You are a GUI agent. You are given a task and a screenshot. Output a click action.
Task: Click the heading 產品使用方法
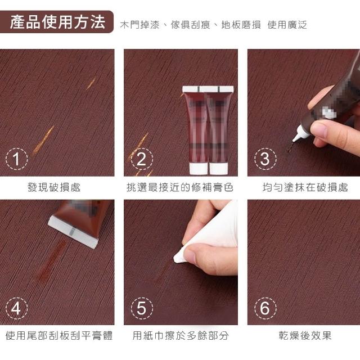pos(57,22)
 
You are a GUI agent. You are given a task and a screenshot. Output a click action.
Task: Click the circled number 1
pos(16,159)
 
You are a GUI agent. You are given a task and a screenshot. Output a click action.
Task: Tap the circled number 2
pos(142,159)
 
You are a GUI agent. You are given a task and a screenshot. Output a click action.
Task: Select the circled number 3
pos(265,159)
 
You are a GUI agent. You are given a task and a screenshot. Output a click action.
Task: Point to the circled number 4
pos(16,308)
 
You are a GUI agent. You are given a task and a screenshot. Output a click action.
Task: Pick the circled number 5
pos(142,308)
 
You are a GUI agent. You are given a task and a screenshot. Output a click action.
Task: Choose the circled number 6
pos(265,308)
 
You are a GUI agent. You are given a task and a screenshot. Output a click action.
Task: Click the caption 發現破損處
pos(54,187)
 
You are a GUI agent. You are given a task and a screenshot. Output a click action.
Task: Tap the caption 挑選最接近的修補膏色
pos(180,187)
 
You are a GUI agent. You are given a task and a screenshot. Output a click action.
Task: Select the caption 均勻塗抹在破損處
pos(305,187)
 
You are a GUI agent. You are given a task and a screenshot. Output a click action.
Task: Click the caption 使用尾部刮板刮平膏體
pos(59,335)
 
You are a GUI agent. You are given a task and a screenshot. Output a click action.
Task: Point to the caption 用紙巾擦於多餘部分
pos(181,335)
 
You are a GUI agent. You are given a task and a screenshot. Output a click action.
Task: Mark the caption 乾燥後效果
pos(305,335)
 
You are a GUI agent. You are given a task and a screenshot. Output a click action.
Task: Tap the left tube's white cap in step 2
pos(198,168)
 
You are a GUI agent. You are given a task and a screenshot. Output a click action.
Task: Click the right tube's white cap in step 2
pos(219,168)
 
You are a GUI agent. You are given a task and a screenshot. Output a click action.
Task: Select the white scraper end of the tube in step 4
pos(74,232)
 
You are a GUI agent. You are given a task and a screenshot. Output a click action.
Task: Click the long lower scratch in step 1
pos(43,139)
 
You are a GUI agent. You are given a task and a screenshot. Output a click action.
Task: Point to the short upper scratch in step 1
pos(91,83)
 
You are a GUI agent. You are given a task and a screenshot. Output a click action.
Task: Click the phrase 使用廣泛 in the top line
pos(287,25)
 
